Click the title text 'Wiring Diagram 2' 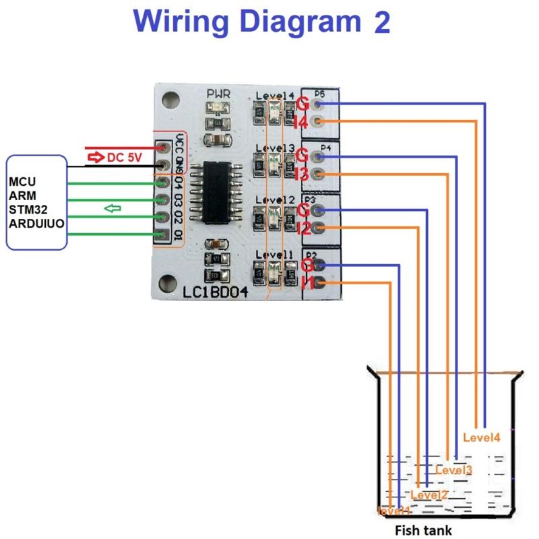pos(261,22)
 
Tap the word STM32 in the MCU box pos(25,209)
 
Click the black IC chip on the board pos(216,193)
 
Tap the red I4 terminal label pos(301,123)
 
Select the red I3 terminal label pos(301,175)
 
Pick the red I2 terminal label pos(303,228)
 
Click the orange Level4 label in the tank pos(482,437)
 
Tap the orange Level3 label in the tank pos(453,470)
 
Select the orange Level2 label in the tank pos(429,495)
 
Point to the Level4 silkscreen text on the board pos(275,96)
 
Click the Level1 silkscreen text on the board pos(274,255)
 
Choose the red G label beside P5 pos(303,104)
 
